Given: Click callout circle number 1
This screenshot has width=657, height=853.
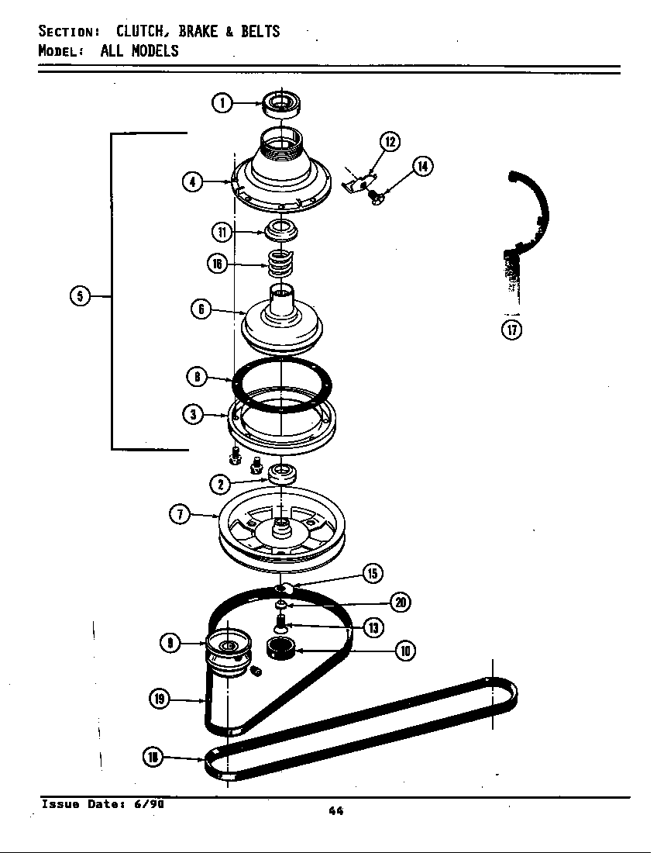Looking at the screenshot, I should (x=222, y=102).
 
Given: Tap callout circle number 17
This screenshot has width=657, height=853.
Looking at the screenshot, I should (x=511, y=330).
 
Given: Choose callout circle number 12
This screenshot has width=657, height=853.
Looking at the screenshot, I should (x=390, y=141).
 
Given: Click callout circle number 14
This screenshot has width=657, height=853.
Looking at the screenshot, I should (x=423, y=166).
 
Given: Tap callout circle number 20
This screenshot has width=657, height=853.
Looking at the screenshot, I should (x=401, y=602).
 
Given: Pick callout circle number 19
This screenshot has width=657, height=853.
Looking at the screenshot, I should (x=160, y=699).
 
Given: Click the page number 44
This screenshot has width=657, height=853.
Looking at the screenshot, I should (x=335, y=811).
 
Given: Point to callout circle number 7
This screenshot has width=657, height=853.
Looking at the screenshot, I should (x=180, y=514).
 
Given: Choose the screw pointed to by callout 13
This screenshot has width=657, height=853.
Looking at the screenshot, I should (x=280, y=620).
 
